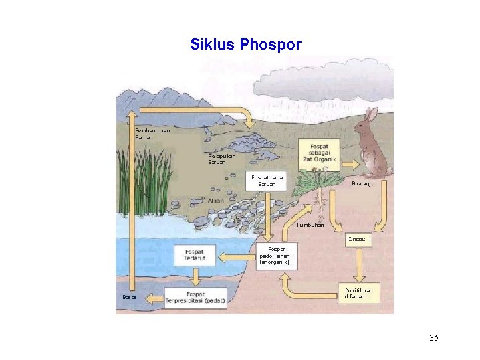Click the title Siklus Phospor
click(x=245, y=45)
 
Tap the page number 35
click(x=434, y=337)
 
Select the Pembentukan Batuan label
click(x=152, y=133)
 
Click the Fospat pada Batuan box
click(x=267, y=181)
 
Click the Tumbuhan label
click(x=310, y=225)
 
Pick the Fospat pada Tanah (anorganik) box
click(x=274, y=255)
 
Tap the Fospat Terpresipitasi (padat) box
click(x=195, y=298)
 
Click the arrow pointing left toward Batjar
click(x=154, y=297)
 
